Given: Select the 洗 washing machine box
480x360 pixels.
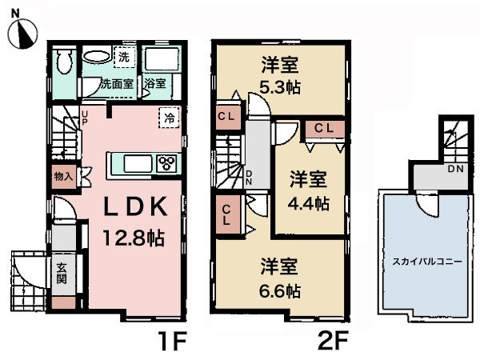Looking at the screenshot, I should tap(124, 58).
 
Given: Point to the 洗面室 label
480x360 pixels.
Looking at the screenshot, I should tap(115, 83).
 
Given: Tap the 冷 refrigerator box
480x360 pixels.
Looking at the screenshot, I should tap(169, 117).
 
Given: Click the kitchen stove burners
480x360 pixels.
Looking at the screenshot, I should tap(167, 164).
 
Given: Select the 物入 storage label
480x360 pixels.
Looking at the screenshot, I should tap(64, 175).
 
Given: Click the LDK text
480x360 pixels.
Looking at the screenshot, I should tap(134, 206).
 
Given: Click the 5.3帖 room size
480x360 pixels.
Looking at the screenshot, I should tap(280, 86).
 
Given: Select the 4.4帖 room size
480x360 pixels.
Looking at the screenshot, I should tap(310, 202).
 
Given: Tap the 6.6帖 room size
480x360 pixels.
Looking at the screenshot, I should tap(279, 289).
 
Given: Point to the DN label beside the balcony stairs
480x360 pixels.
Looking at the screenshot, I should tap(454, 170).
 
